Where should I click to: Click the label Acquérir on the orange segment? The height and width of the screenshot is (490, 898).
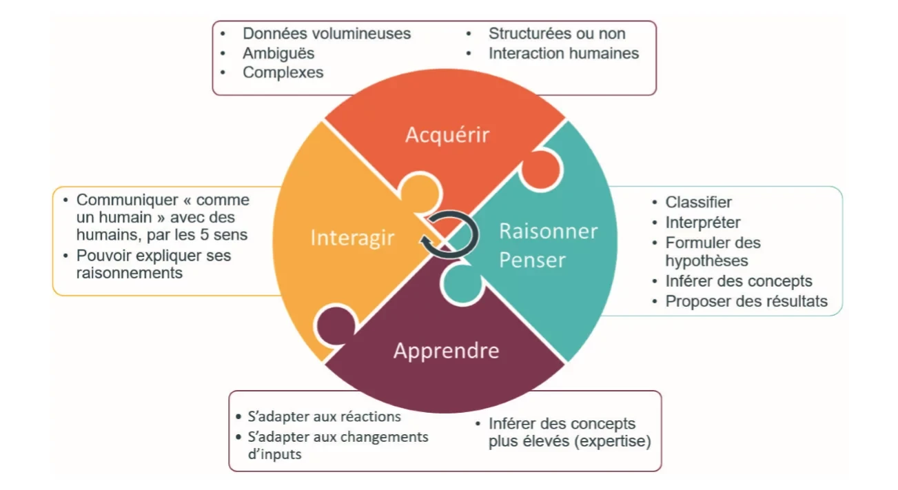pos(447,134)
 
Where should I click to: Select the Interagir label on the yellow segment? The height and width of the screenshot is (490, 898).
pos(352,238)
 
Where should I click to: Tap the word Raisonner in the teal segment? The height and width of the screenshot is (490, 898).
pos(548,231)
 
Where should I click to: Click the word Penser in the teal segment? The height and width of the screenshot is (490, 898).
pos(532,260)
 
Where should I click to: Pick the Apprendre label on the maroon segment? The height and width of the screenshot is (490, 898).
pos(446,350)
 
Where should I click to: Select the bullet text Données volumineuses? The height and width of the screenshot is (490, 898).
pos(326,33)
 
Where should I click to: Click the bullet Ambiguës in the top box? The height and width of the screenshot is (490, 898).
pos(278,53)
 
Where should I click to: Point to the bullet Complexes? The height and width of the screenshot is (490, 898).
pos(283,72)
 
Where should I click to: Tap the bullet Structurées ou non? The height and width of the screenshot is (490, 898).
pos(557,33)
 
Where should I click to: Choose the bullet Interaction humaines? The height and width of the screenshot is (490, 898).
pos(563,53)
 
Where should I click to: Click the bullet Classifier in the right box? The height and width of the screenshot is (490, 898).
pos(698,203)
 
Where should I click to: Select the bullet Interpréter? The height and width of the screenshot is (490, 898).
pos(703,223)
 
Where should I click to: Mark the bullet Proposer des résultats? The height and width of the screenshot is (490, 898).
pos(746,301)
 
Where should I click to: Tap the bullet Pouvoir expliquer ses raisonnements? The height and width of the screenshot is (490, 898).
pos(153,264)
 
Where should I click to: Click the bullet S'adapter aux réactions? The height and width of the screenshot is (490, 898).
pos(324,417)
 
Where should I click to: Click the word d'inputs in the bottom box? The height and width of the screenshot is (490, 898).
pos(274,454)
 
